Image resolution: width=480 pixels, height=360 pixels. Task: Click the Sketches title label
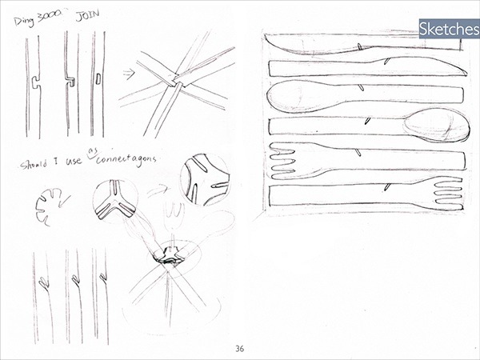(447, 30)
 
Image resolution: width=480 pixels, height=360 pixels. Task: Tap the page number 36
(239, 348)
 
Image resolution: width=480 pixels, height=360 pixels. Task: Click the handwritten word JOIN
(88, 15)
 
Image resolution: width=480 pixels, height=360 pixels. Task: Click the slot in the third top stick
(98, 78)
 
